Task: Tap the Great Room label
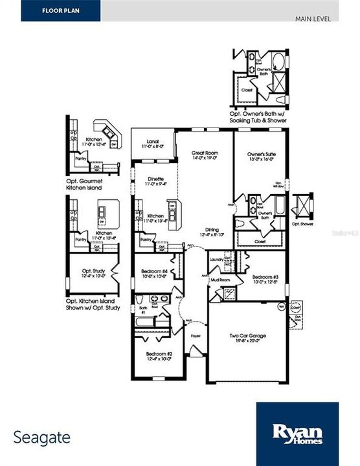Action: pyautogui.click(x=204, y=153)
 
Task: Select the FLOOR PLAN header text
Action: pyautogui.click(x=61, y=10)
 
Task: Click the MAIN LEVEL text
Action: pyautogui.click(x=313, y=18)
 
